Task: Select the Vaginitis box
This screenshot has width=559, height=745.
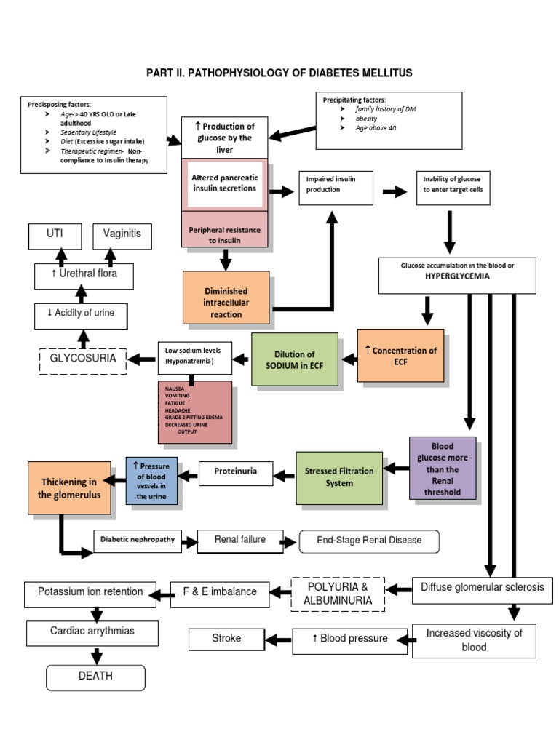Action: point(122,236)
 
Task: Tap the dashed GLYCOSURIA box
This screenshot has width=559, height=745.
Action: point(82,358)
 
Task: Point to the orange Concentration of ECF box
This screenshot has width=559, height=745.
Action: point(400,355)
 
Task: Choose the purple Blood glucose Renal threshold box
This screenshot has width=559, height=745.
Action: point(443,469)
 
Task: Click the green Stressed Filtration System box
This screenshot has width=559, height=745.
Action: point(338,477)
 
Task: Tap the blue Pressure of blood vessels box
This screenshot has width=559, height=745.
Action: point(151,481)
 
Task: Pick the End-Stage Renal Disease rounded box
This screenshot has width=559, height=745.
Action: point(370,541)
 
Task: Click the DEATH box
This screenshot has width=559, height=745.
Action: point(95,675)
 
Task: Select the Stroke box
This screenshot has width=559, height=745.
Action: point(226,639)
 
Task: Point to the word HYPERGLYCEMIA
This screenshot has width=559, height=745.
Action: point(457,277)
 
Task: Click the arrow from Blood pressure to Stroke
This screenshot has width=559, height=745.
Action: point(278,640)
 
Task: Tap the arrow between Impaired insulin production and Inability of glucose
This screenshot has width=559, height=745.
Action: point(395,191)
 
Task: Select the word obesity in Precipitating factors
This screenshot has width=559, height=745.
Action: point(368,118)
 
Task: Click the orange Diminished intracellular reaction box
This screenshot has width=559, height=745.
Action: point(226,297)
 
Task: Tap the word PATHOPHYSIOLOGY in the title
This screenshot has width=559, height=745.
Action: point(242,73)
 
